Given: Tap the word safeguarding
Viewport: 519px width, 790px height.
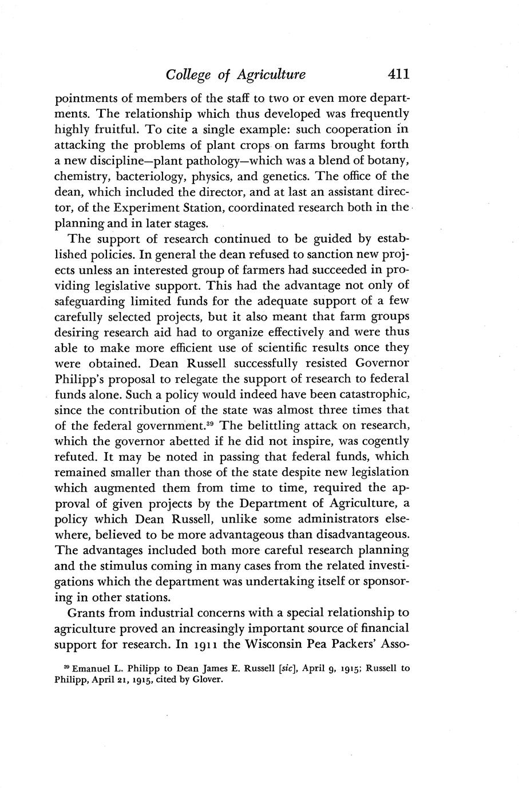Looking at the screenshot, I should coord(92,301).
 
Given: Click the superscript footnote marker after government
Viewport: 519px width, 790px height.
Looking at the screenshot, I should coord(211,423).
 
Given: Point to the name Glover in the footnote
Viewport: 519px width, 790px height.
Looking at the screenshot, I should coord(207,681).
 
